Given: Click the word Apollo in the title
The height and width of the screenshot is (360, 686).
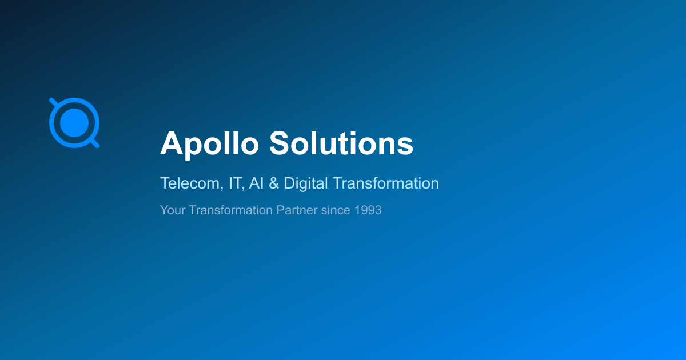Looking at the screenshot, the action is tap(209, 144).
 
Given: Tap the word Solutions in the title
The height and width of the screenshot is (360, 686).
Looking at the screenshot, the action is tap(341, 143).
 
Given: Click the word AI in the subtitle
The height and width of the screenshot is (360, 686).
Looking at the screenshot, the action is tap(256, 183).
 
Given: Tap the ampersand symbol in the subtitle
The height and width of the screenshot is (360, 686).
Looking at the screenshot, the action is tap(274, 183).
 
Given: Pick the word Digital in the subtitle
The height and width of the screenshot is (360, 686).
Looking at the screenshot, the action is tap(306, 183).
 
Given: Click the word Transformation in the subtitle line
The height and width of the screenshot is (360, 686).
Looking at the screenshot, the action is tap(385, 183).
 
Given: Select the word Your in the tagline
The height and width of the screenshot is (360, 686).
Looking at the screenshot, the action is tap(173, 210).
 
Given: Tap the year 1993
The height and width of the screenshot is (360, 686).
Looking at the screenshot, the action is tap(368, 210).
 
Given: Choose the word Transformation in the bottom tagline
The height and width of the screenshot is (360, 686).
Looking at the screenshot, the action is tap(230, 210).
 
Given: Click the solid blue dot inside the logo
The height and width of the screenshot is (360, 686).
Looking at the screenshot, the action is tap(74, 123).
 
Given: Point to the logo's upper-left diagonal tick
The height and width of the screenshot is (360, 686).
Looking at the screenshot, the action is tap(53, 102).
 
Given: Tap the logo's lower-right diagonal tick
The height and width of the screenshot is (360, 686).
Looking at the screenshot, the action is tap(95, 143).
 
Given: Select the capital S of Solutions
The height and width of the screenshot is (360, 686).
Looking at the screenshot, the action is tap(280, 143).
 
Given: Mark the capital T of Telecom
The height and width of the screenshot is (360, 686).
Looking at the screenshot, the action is tap(165, 183).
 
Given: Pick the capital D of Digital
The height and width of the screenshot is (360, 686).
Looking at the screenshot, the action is tap(290, 183).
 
